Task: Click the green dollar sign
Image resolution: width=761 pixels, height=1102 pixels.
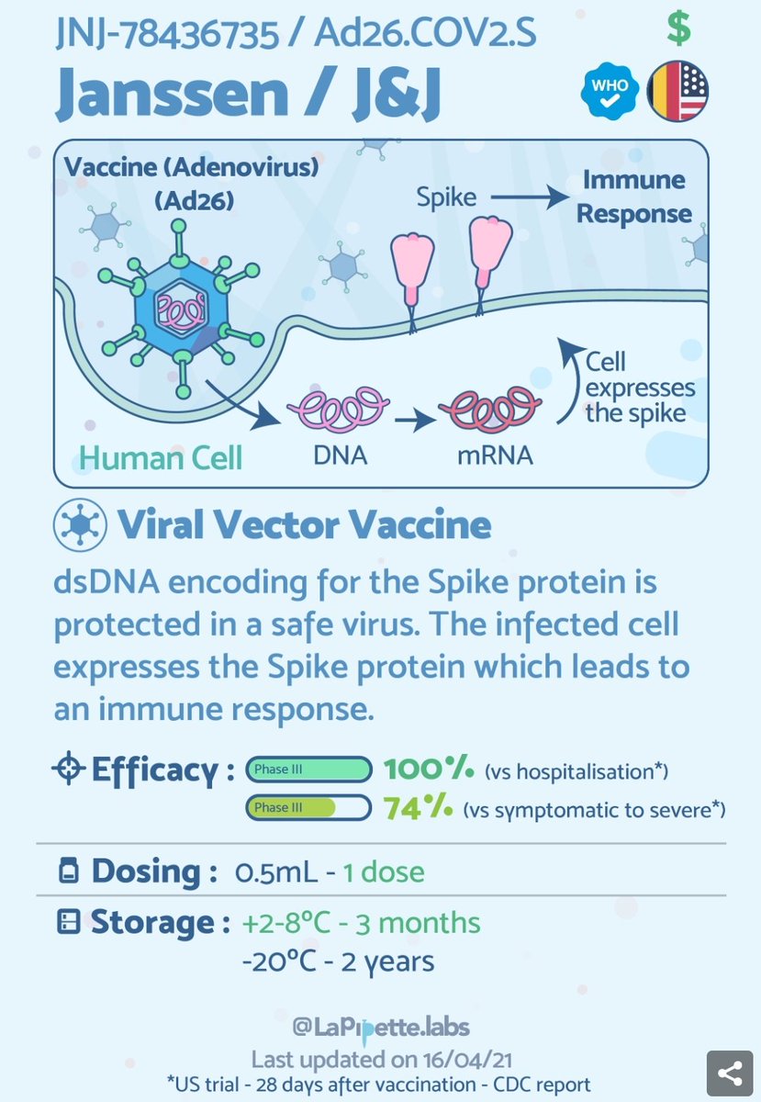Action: pyautogui.click(x=678, y=30)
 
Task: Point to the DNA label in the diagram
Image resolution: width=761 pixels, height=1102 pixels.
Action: pyautogui.click(x=340, y=453)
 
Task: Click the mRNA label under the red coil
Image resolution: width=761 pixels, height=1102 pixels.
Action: pyautogui.click(x=497, y=453)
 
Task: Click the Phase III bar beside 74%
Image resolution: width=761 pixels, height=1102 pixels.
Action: pyautogui.click(x=307, y=808)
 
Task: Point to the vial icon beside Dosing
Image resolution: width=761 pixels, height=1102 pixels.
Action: pyautogui.click(x=68, y=871)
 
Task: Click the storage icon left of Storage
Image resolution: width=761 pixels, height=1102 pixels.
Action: pyautogui.click(x=68, y=923)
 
